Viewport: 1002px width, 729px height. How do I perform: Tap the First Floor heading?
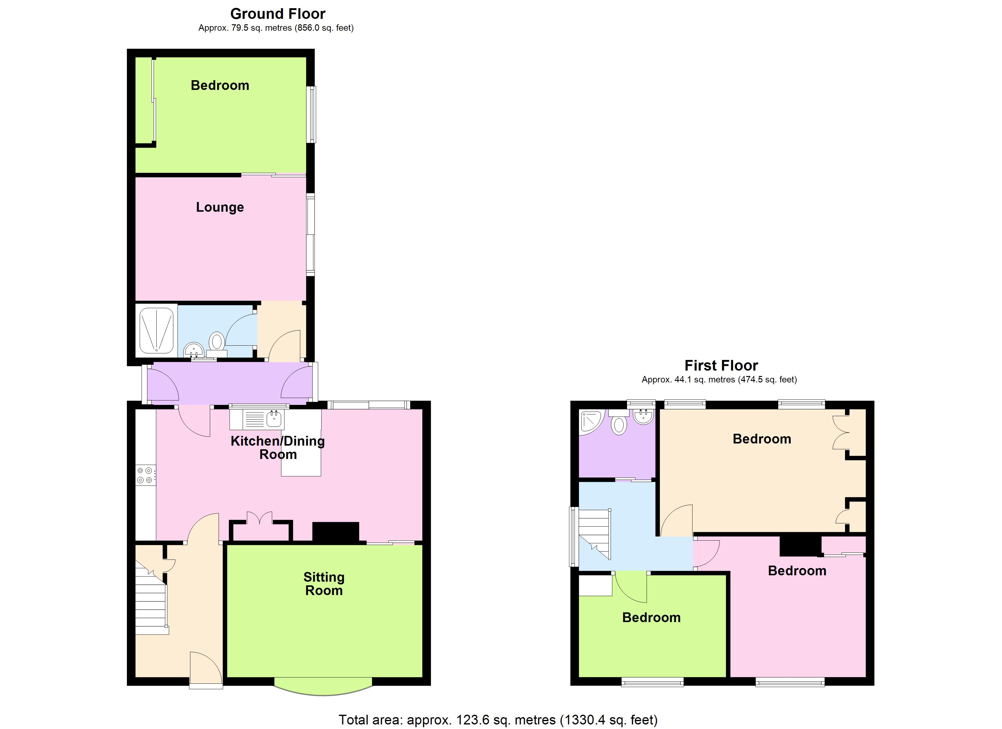pos(721,366)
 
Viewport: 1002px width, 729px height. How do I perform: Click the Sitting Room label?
pos(324,584)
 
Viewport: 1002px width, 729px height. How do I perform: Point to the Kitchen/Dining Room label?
pos(278,447)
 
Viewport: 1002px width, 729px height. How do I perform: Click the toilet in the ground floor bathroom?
pos(216,343)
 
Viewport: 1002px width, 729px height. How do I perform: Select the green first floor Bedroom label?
pos(651,618)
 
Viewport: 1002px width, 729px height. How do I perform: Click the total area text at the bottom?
pos(498,720)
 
